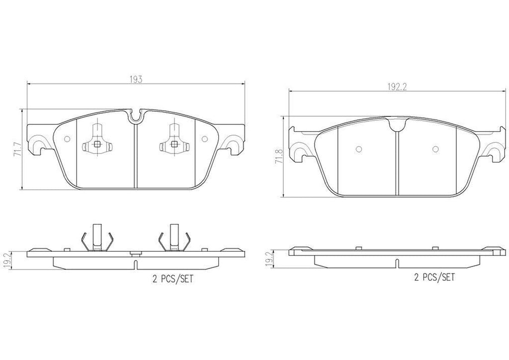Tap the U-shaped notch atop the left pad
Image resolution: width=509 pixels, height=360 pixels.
click(x=136, y=117)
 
